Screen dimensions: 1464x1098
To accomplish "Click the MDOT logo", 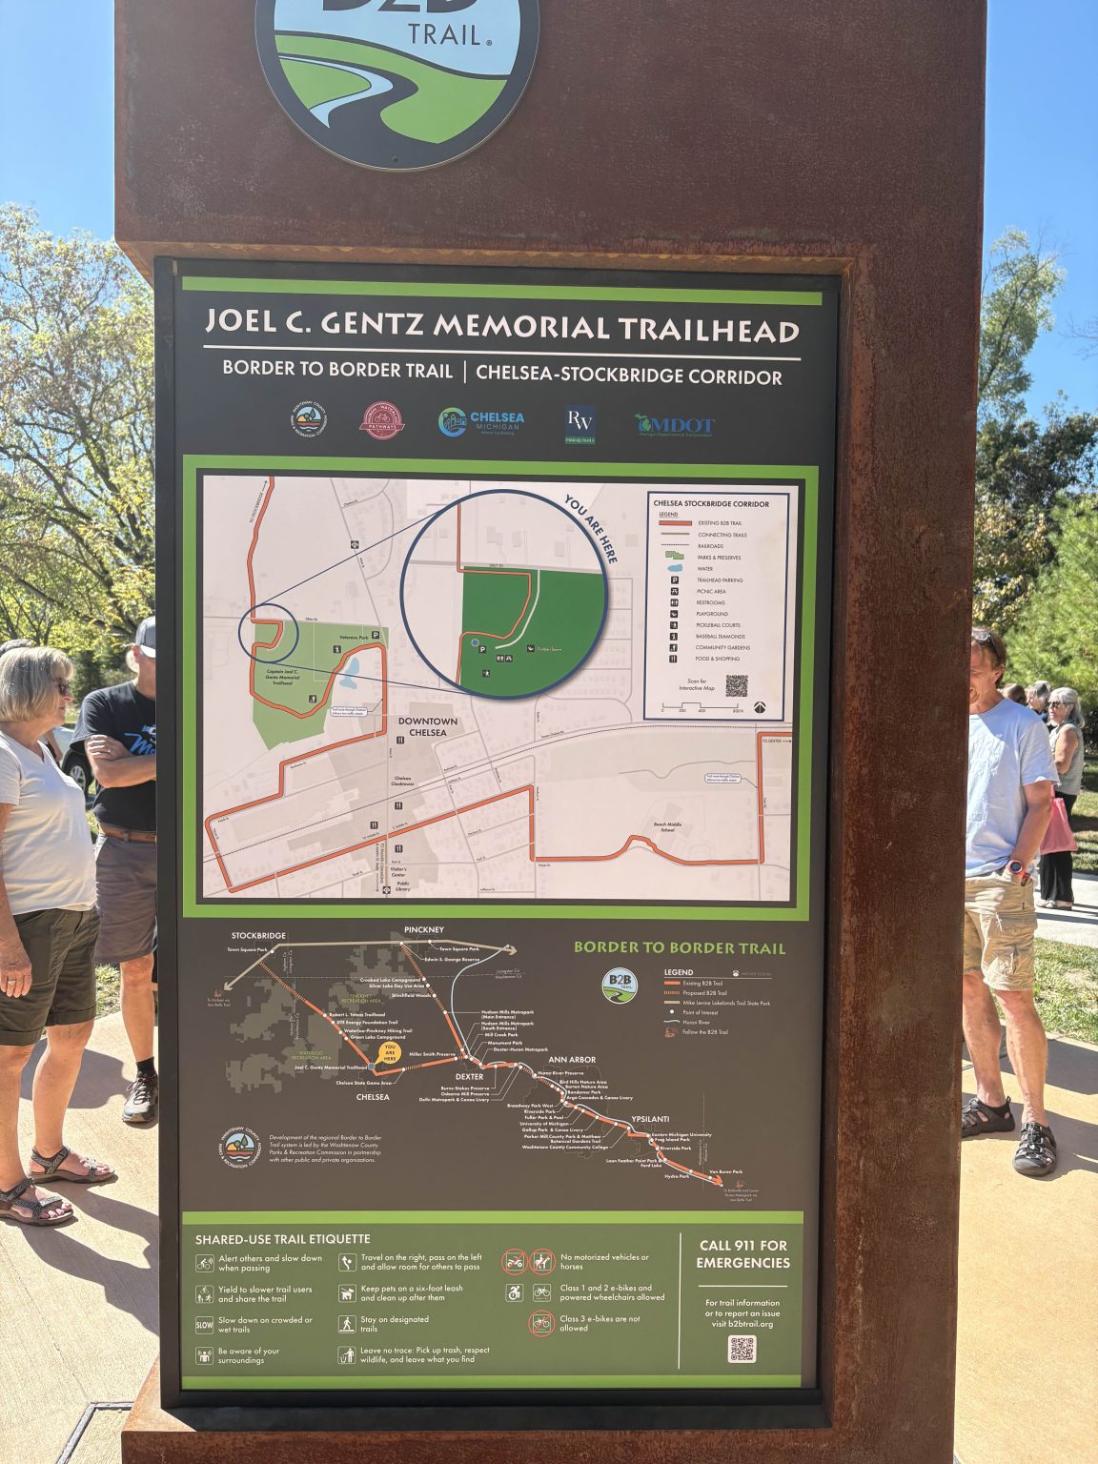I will point(675,425).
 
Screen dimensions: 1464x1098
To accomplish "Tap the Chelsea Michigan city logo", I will point(481,422).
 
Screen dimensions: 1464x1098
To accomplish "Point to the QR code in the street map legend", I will point(736,684).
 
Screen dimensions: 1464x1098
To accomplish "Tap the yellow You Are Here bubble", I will point(389,1052).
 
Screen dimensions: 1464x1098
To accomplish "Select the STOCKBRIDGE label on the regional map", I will point(258,936).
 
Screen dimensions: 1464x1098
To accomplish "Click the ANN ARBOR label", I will point(572,1060).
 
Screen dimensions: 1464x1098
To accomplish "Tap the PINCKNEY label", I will point(423,929).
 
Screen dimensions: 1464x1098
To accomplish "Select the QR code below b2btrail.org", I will point(742,1349).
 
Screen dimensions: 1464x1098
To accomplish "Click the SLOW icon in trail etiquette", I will point(204,1324).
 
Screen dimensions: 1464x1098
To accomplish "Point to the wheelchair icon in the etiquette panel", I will point(515,1292).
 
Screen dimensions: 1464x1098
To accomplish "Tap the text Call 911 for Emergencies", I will point(743,1253).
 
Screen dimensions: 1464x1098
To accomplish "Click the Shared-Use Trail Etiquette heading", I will point(282,1239).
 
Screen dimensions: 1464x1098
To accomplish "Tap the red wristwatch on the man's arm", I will point(1017,867).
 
